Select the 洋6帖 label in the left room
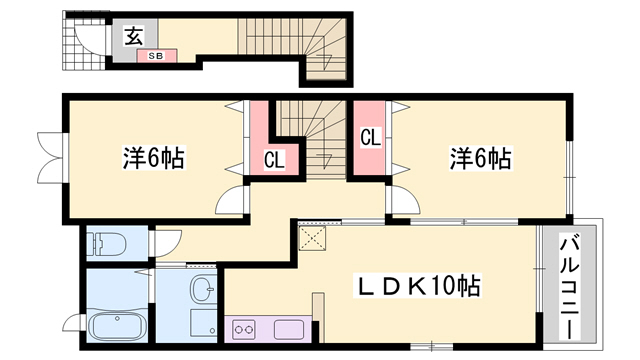pyautogui.click(x=153, y=157)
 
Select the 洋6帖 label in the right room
pyautogui.click(x=481, y=157)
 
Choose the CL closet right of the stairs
pyautogui.click(x=370, y=137)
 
